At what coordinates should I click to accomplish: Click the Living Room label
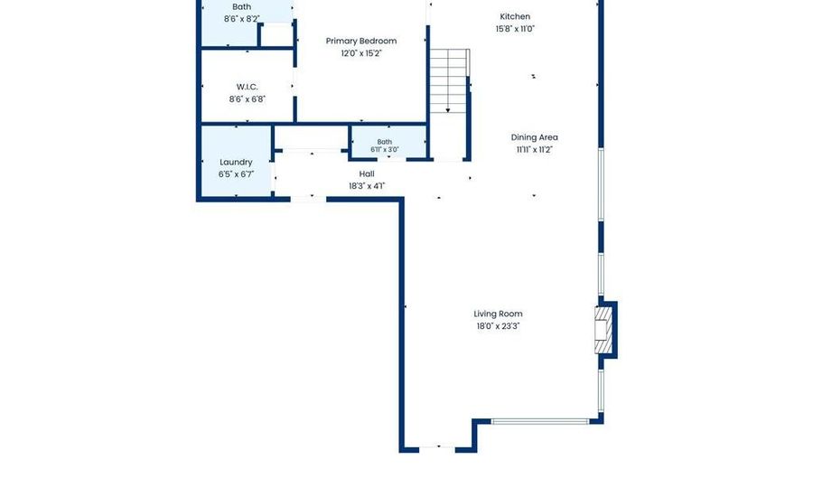[498, 314]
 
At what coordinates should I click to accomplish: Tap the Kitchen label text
[515, 16]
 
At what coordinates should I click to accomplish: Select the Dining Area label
[535, 137]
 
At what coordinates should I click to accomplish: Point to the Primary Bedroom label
[360, 41]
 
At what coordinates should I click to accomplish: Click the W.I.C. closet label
[248, 87]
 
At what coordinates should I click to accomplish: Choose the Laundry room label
[236, 163]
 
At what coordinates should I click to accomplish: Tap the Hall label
[367, 173]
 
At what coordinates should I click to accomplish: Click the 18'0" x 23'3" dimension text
[498, 326]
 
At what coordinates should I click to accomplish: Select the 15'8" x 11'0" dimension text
[515, 29]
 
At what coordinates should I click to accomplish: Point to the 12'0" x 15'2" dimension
[361, 53]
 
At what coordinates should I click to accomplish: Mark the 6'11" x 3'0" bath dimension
[385, 150]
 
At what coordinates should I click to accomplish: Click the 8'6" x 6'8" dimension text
[248, 99]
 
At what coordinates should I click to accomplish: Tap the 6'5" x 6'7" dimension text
[236, 174]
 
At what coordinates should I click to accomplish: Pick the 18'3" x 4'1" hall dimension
[367, 186]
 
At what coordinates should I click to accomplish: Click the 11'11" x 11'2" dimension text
[535, 150]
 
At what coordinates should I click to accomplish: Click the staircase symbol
[450, 80]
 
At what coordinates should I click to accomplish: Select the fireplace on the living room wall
[604, 330]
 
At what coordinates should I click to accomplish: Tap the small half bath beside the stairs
[388, 142]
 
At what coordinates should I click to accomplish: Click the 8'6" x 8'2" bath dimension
[242, 19]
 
